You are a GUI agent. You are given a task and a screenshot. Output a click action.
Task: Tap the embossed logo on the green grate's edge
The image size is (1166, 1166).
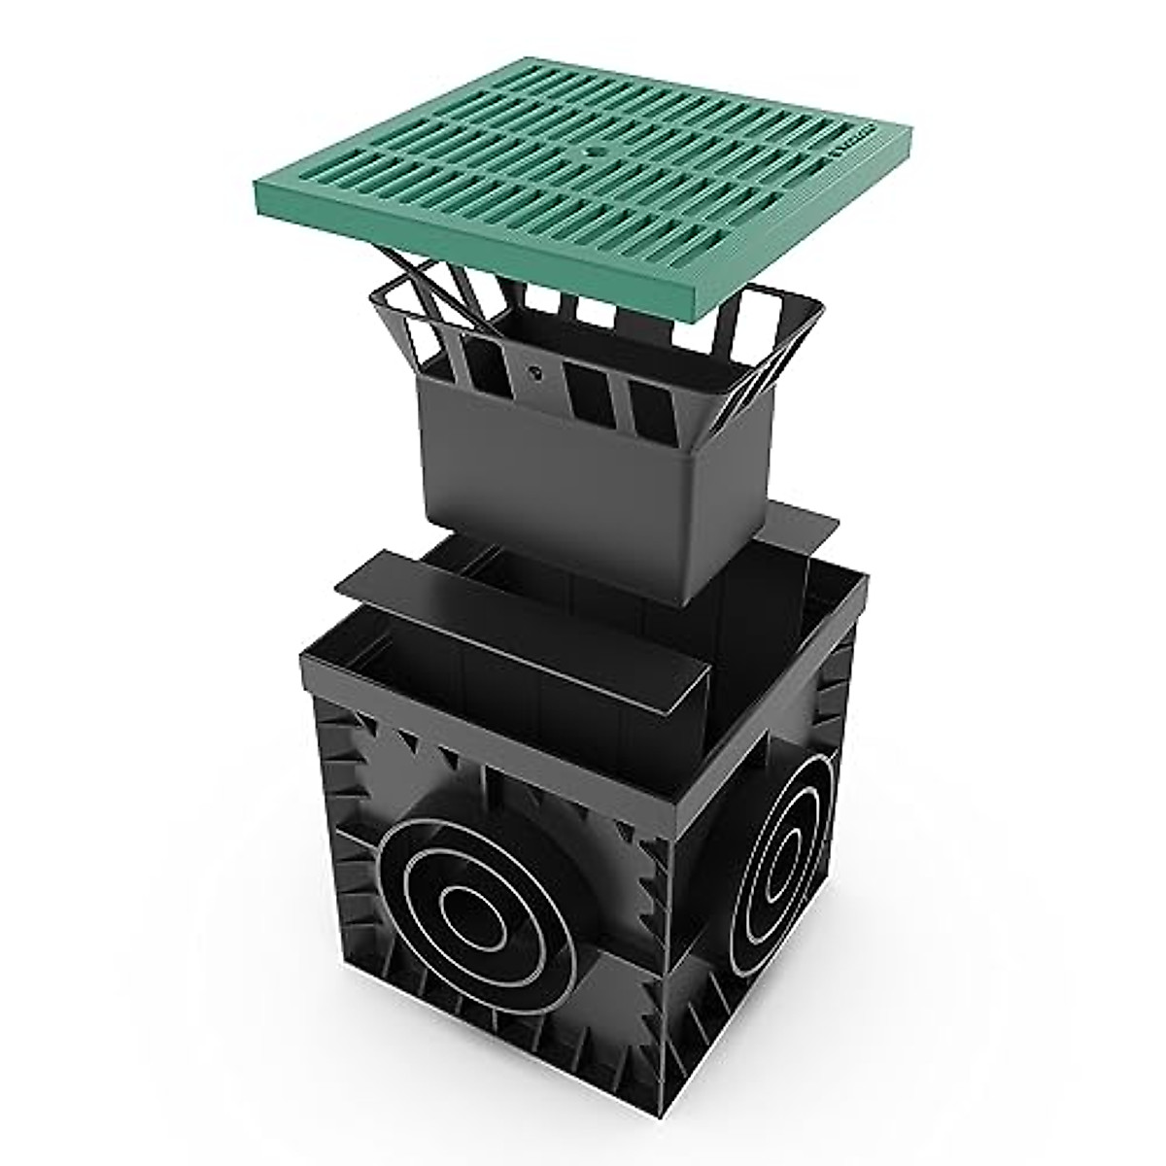click(x=852, y=146)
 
